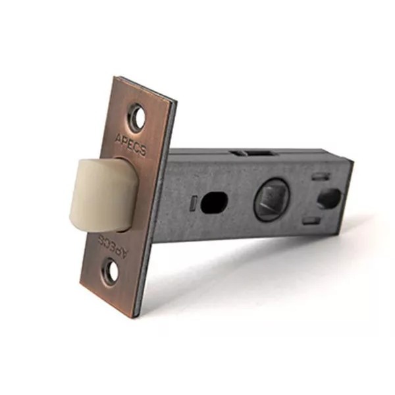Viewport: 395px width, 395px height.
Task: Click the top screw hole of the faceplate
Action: pos(138,117)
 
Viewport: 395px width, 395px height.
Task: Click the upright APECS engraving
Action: pos(130,145)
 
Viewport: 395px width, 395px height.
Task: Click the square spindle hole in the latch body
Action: pos(271,199)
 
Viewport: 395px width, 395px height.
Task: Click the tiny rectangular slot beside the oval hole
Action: pos(194,203)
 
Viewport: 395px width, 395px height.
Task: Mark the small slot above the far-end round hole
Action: pos(321,176)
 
